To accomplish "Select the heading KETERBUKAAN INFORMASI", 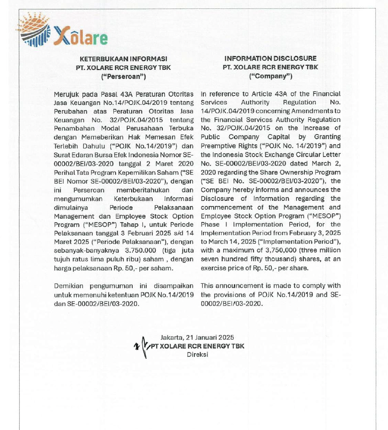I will [x=124, y=58].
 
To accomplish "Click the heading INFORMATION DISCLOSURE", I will [x=271, y=58].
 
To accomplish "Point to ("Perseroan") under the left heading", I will [x=124, y=76].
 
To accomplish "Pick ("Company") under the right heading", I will [x=271, y=76].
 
